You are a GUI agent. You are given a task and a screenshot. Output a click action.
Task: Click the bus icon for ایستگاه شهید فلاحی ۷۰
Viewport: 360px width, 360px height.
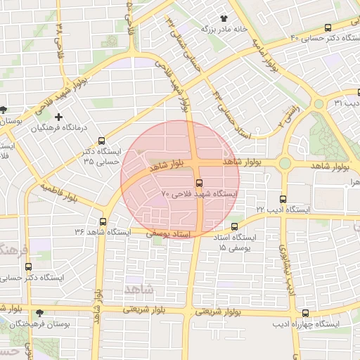tap(198, 182)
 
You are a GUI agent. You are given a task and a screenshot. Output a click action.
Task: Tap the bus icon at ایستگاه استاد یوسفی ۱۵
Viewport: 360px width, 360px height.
tap(234, 226)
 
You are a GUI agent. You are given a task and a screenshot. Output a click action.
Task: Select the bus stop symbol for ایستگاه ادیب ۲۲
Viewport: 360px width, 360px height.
tap(283, 199)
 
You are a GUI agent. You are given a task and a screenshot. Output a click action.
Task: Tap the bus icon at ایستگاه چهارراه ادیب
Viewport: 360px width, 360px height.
tap(305, 313)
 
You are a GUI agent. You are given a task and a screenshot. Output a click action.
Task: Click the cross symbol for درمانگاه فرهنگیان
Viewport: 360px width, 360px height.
tap(58, 117)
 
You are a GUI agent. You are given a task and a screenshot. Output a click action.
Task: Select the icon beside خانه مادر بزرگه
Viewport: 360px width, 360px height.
tap(224, 18)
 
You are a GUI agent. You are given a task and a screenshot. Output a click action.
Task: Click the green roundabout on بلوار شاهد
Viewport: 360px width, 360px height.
tap(285, 164)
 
